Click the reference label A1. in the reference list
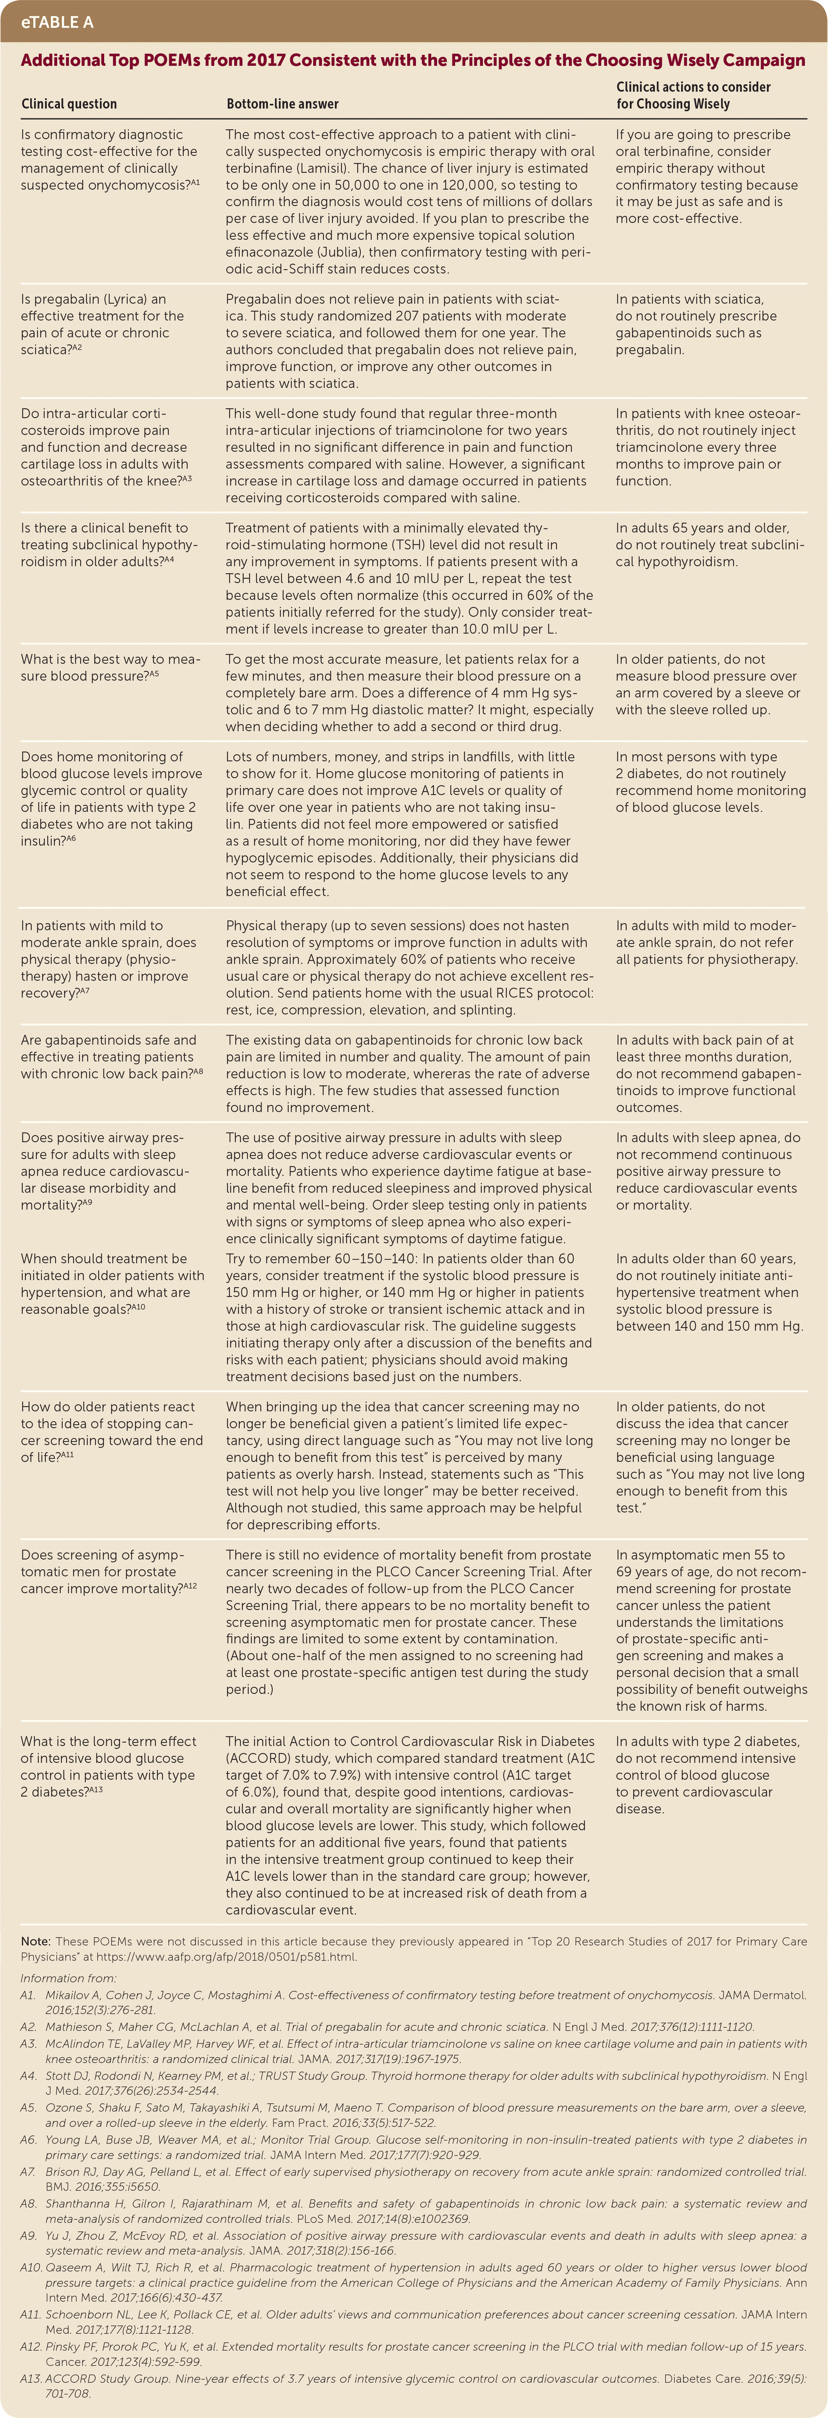tap(28, 1995)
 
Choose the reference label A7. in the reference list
tap(28, 2172)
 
